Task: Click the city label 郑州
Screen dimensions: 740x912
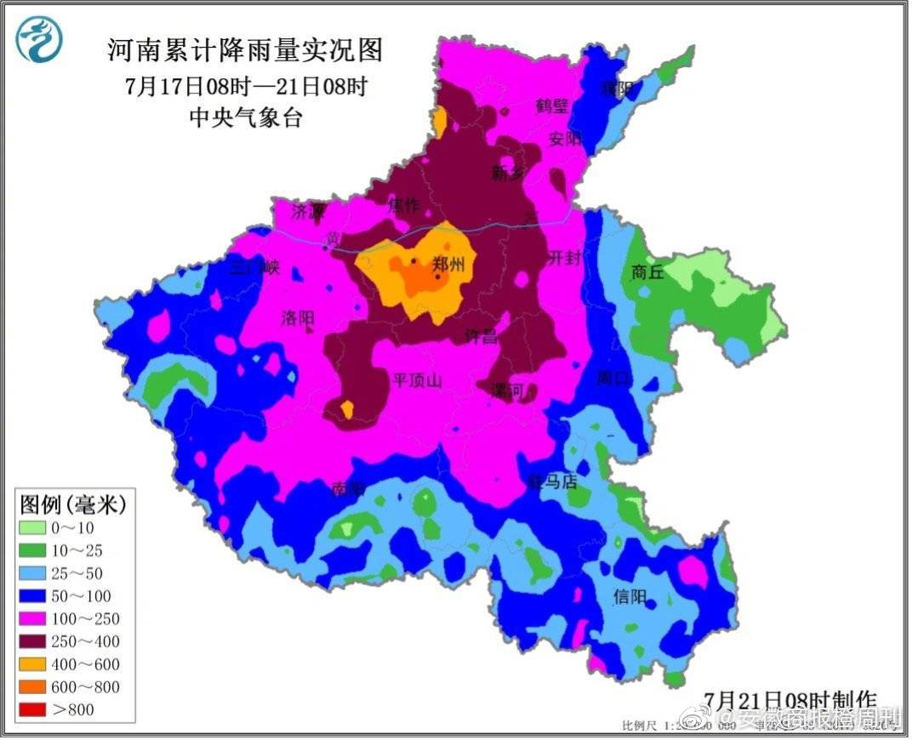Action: pyautogui.click(x=448, y=265)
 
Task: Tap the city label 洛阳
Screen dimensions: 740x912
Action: pyautogui.click(x=297, y=319)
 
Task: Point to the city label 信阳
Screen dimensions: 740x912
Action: pyautogui.click(x=630, y=596)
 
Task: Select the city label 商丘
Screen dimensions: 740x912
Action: pyautogui.click(x=647, y=273)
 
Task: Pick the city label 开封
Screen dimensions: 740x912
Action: pyautogui.click(x=563, y=258)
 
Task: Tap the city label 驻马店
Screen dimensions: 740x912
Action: pyautogui.click(x=552, y=481)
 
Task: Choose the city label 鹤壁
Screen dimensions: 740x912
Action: pyautogui.click(x=551, y=106)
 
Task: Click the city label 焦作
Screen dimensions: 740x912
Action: pyautogui.click(x=403, y=206)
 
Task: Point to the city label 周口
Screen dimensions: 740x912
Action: pyautogui.click(x=614, y=378)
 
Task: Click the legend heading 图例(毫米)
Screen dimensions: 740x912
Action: pyautogui.click(x=73, y=505)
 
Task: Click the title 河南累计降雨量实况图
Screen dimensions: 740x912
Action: pyautogui.click(x=245, y=51)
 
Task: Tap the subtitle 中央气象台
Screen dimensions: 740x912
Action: pyautogui.click(x=245, y=117)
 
